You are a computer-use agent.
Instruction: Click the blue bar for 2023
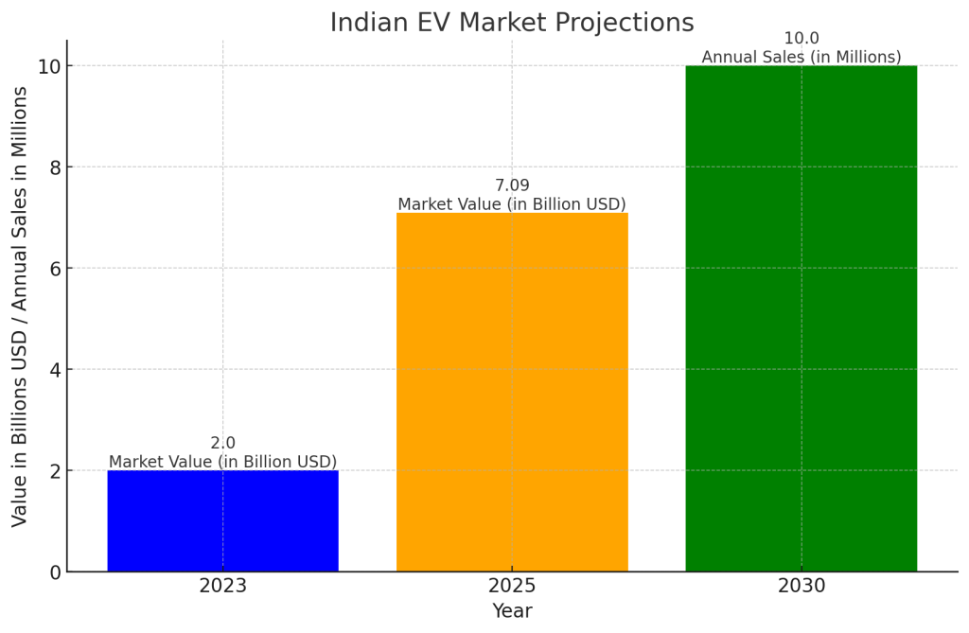[222, 520]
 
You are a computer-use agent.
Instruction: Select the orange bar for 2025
[512, 392]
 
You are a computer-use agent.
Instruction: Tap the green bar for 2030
[801, 318]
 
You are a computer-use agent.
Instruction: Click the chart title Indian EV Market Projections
[512, 23]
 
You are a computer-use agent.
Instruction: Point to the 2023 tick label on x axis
[222, 587]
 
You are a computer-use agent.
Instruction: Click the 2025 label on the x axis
[512, 587]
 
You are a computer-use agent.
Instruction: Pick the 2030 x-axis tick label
[801, 587]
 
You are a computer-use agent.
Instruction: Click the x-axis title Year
[512, 612]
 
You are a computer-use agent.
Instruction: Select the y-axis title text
[20, 306]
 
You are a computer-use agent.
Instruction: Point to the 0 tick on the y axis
[55, 572]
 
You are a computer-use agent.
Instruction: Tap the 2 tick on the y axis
[55, 471]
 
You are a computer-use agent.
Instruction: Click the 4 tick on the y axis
[55, 370]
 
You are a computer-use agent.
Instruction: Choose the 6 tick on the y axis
[55, 269]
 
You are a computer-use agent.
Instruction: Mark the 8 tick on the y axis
[55, 167]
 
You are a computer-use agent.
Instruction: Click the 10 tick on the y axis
[50, 66]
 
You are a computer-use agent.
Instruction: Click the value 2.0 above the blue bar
[222, 443]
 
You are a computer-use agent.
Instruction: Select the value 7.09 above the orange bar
[512, 185]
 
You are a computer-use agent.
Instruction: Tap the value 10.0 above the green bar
[801, 39]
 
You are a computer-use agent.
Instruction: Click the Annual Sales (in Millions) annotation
[801, 58]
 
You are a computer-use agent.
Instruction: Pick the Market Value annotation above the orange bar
[512, 204]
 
